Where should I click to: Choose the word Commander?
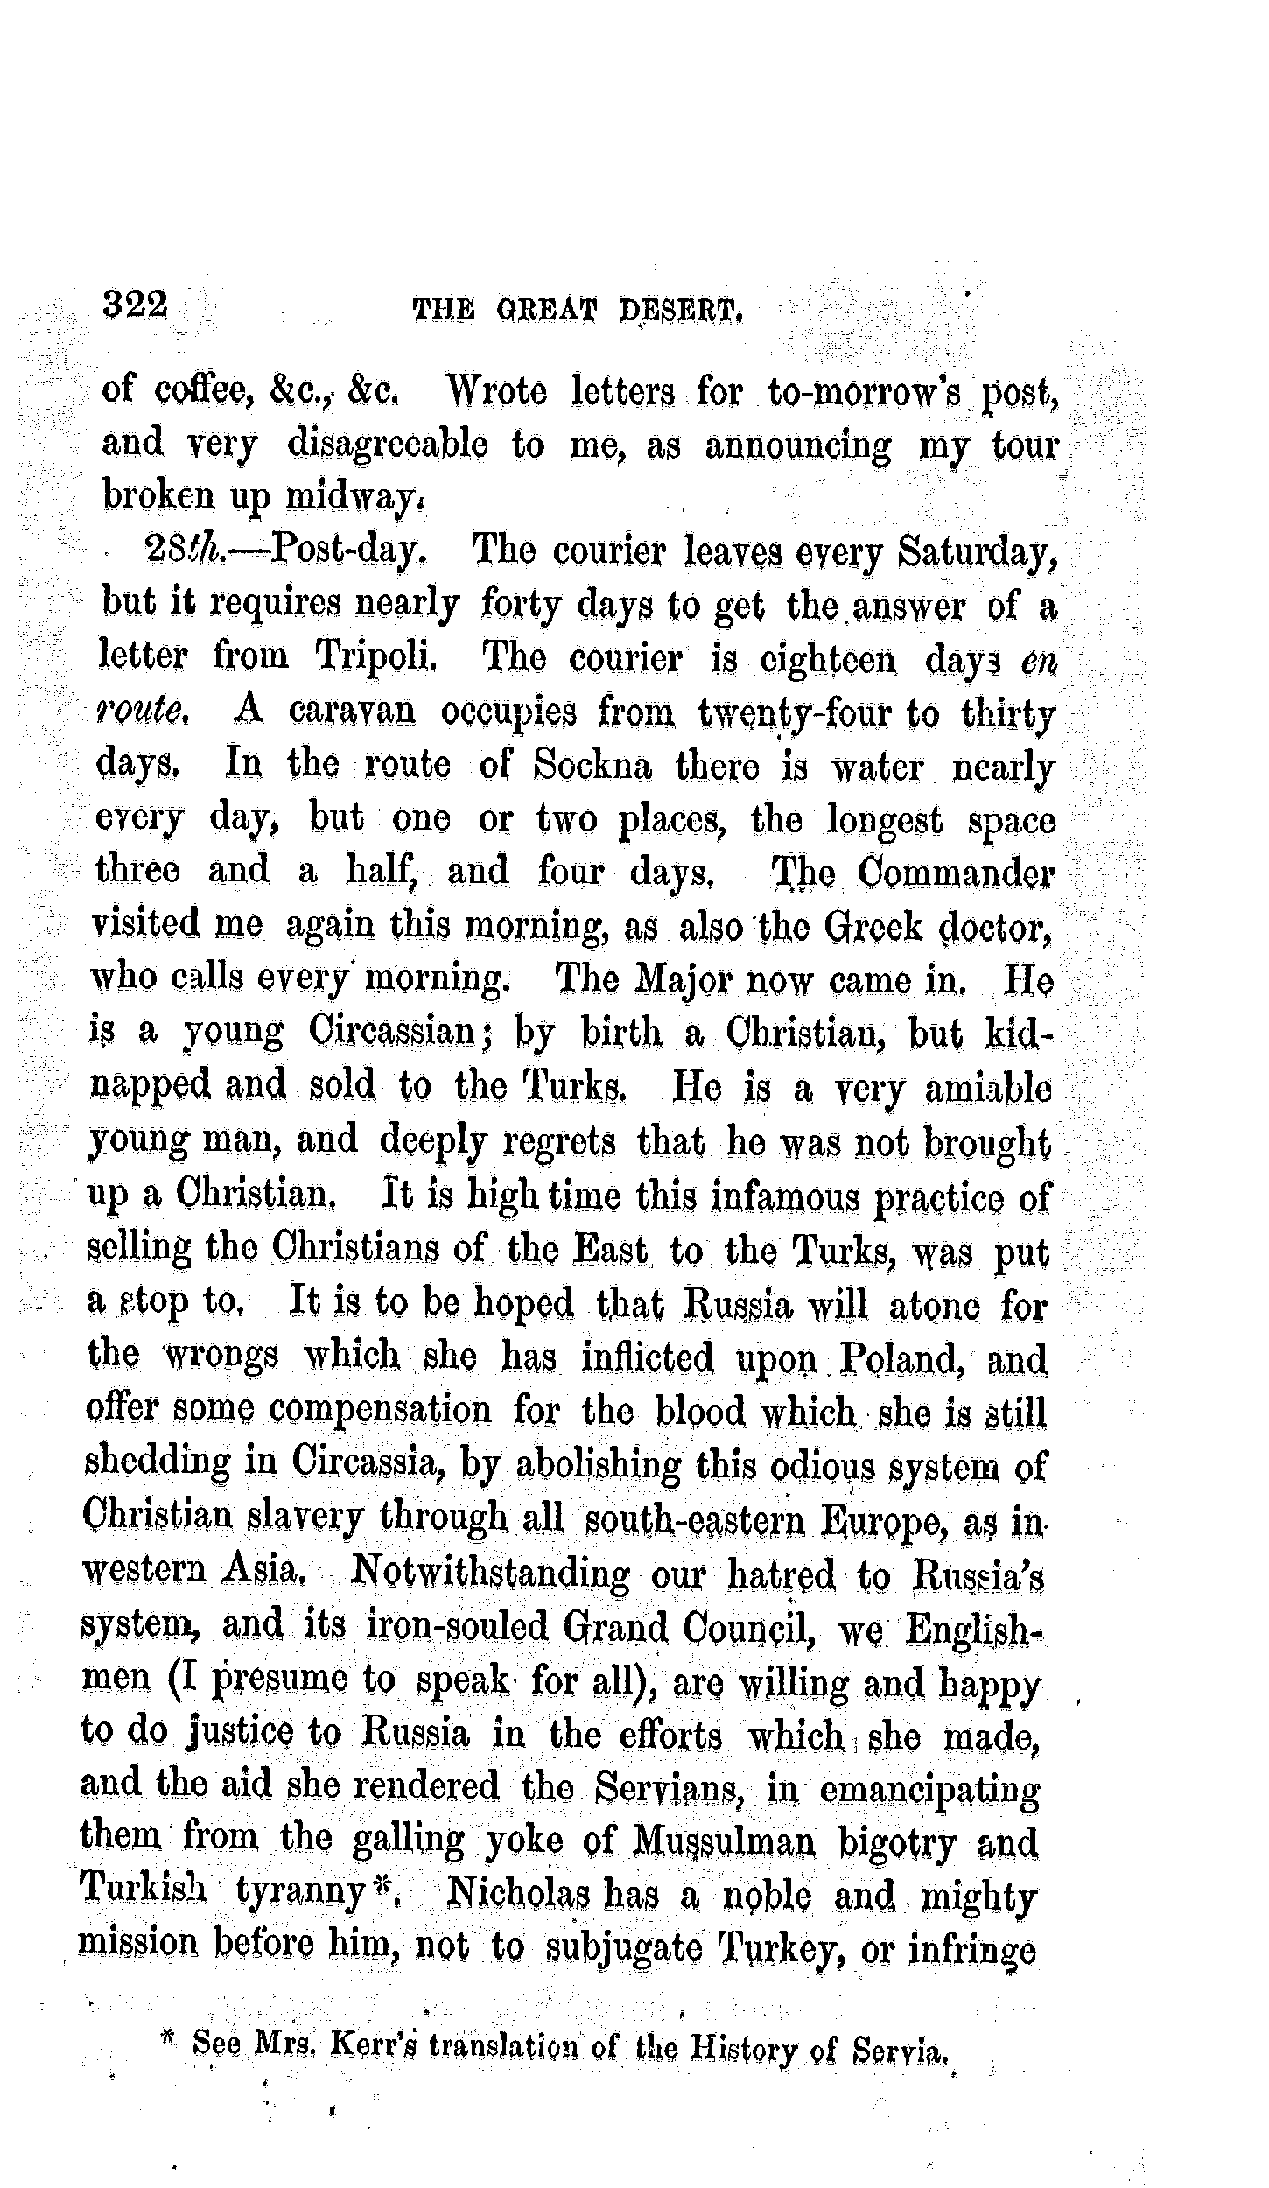tap(956, 873)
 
